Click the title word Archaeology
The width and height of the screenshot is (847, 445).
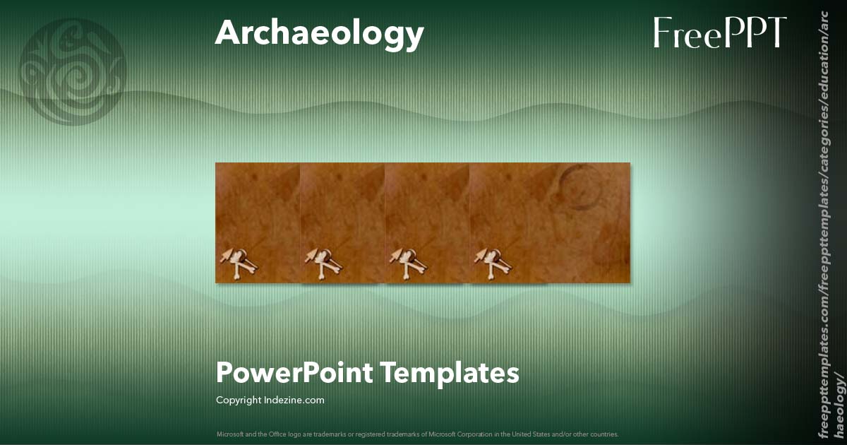coord(319,33)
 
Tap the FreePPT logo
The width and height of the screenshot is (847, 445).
coord(719,33)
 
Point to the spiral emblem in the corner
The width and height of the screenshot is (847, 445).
coord(73,71)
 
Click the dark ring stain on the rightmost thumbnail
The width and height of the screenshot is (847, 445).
coord(579,187)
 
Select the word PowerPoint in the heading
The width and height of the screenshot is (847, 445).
coord(294,372)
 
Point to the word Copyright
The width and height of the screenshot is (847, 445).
coord(238,400)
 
